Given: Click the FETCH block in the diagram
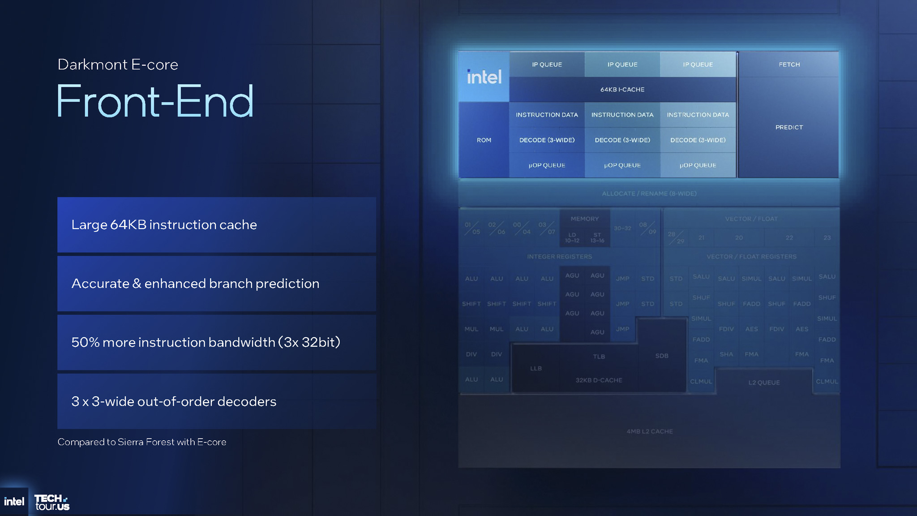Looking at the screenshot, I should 789,64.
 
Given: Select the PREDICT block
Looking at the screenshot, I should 789,127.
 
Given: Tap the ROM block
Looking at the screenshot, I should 484,140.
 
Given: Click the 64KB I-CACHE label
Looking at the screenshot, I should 622,90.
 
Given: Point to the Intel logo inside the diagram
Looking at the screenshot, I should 484,77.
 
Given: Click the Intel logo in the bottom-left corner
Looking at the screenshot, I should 14,502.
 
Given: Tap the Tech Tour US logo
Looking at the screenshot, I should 52,502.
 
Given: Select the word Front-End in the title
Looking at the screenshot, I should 155,101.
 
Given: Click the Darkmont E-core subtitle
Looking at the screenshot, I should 118,64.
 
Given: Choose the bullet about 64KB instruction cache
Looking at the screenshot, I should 217,225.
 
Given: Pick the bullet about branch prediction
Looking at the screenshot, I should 217,284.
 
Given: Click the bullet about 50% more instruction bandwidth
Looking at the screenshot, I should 217,342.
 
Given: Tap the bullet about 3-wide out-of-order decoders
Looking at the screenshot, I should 217,401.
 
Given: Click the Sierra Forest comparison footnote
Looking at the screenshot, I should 142,442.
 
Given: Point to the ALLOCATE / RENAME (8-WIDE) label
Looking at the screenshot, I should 649,193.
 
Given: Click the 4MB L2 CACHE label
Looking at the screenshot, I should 649,431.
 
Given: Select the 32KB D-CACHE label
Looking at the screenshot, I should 599,380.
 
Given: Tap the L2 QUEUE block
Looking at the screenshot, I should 764,383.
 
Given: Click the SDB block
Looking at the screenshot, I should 661,356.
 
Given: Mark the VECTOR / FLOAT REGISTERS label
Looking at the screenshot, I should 751,257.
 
